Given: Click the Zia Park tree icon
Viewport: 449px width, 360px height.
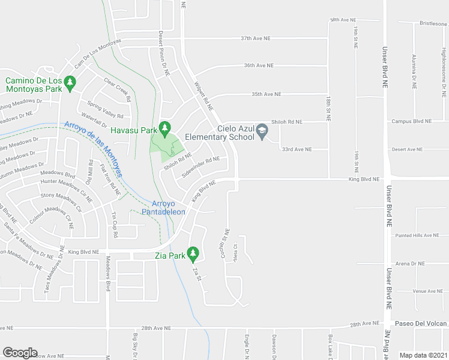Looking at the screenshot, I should coord(193,254).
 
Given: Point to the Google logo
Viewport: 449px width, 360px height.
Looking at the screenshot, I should coord(20,353).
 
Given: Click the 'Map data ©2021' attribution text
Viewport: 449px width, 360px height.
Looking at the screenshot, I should coord(424,355).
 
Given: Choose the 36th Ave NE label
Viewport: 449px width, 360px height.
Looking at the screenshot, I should coord(259,65).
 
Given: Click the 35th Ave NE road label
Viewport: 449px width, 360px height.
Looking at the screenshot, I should coord(267,94).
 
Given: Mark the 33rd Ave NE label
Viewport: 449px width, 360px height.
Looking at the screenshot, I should coord(298,149).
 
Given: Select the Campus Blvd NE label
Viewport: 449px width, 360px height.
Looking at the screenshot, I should coord(411,121).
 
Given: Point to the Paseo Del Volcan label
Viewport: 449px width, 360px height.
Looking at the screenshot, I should coord(421,324).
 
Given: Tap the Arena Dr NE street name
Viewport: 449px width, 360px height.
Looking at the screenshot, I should coord(410,263).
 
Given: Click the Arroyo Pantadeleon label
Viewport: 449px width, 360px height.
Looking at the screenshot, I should coord(163,208).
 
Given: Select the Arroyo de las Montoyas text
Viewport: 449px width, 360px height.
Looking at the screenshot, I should coord(93,149).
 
